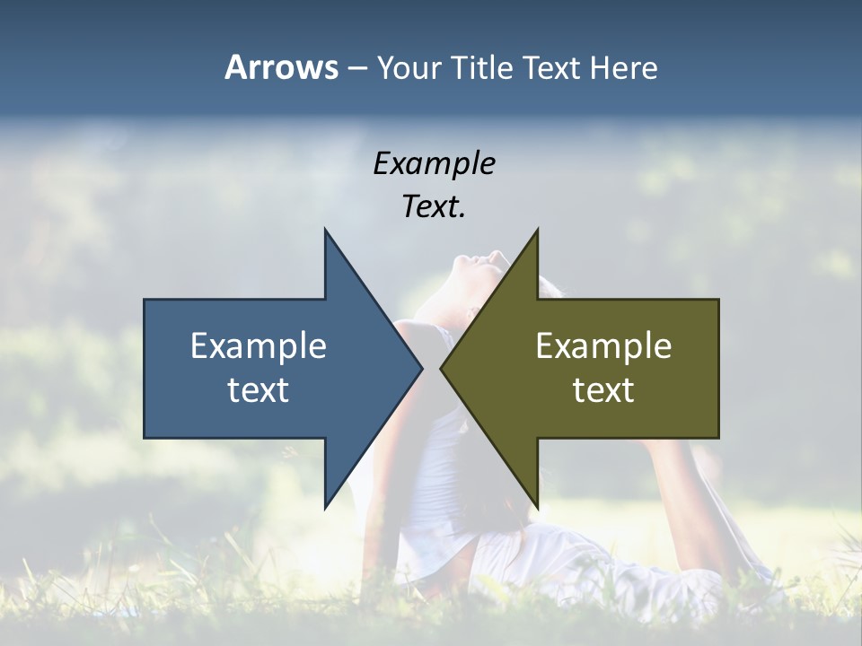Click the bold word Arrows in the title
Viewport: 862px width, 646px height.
(281, 67)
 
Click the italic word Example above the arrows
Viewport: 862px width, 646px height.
(434, 163)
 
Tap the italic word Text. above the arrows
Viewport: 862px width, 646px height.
(434, 207)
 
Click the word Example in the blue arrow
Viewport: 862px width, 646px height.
(259, 345)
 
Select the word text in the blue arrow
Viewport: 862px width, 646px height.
(259, 389)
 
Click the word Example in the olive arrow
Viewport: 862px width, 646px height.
(603, 345)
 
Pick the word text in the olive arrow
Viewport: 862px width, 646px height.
(603, 389)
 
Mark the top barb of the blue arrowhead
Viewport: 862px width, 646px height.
(327, 235)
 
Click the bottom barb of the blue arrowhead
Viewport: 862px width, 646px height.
(327, 502)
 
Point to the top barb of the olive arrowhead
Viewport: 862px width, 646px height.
(536, 235)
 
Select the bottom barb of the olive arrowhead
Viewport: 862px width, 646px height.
(536, 502)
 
